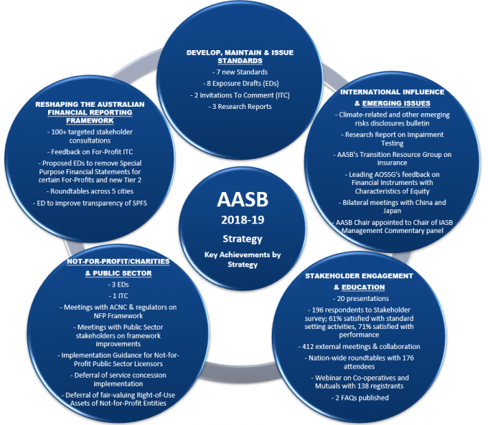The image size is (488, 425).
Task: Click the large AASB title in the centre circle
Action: click(x=243, y=199)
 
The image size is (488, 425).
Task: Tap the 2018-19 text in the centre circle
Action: click(x=243, y=220)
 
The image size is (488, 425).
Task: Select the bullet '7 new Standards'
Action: click(x=240, y=72)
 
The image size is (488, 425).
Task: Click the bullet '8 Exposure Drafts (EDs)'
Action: click(x=240, y=83)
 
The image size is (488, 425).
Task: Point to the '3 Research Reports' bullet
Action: click(x=240, y=107)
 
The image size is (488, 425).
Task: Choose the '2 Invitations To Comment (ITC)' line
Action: click(x=240, y=95)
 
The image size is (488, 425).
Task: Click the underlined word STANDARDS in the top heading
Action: click(x=240, y=61)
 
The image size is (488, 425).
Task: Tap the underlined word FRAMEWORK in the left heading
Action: click(x=90, y=120)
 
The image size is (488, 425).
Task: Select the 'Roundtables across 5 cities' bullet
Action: click(x=90, y=191)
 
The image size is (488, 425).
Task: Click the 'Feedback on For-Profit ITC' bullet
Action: click(x=90, y=152)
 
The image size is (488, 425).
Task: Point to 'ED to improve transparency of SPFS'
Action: click(x=90, y=203)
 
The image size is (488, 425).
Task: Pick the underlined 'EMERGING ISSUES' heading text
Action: click(x=396, y=103)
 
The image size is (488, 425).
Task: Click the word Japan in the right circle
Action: click(x=392, y=211)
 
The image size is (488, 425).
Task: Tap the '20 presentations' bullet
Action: click(x=361, y=298)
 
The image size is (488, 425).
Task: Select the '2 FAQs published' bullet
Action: click(x=360, y=398)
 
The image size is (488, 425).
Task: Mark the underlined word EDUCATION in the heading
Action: click(x=363, y=287)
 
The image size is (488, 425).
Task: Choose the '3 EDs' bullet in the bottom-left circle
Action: click(x=118, y=285)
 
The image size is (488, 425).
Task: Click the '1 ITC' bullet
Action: click(x=118, y=296)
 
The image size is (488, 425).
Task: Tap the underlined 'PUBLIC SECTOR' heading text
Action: click(x=122, y=273)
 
